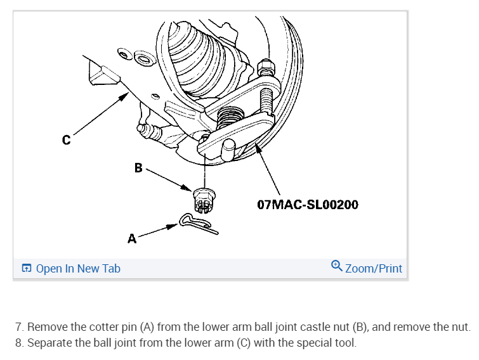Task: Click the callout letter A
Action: pyautogui.click(x=132, y=240)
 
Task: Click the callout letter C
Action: pyautogui.click(x=67, y=140)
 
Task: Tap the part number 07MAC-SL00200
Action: pyautogui.click(x=308, y=205)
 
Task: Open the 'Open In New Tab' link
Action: pyautogui.click(x=78, y=269)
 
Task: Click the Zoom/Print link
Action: pyautogui.click(x=373, y=269)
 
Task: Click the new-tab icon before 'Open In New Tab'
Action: pyautogui.click(x=26, y=269)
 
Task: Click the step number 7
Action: pyautogui.click(x=18, y=327)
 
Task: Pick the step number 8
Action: pyautogui.click(x=18, y=344)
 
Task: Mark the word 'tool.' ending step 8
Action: pyautogui.click(x=344, y=344)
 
